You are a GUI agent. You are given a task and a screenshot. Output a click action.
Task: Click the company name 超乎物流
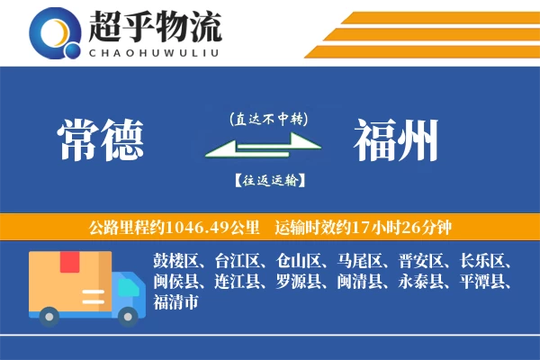click(x=155, y=27)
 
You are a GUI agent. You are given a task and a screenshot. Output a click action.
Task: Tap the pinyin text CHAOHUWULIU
click(x=155, y=51)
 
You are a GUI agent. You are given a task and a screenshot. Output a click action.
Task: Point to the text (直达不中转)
click(x=268, y=118)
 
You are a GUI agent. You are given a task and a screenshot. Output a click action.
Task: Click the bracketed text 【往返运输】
click(x=268, y=180)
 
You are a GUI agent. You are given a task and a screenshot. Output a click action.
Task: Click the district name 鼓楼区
click(x=176, y=262)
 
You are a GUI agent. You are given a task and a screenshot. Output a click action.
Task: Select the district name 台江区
click(x=238, y=262)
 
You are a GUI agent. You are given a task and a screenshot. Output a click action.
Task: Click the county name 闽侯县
click(x=176, y=282)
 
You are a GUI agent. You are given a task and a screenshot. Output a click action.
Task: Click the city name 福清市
click(x=176, y=301)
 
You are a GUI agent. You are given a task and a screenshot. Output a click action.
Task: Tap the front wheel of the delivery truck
click(x=129, y=315)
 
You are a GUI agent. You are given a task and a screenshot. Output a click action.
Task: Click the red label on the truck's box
click(x=68, y=263)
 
